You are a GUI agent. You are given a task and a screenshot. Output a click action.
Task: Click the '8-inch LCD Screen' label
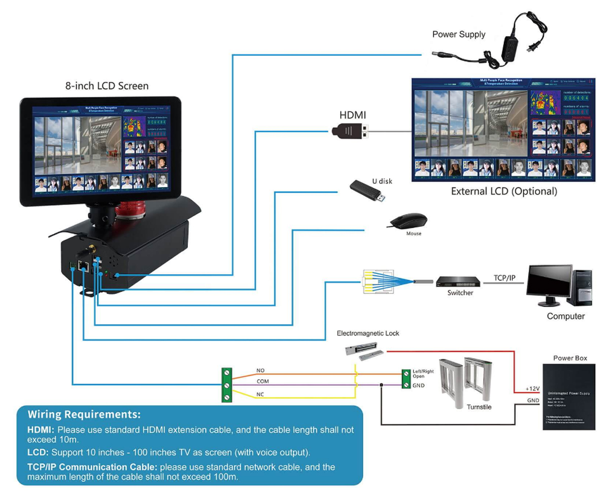click(x=107, y=86)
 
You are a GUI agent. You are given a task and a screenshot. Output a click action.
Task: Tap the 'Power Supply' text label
click(x=458, y=35)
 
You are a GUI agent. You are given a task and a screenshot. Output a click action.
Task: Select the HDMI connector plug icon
click(x=350, y=132)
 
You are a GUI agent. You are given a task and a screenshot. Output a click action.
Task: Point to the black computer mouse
click(x=408, y=221)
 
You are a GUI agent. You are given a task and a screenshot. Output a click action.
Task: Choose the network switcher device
click(x=459, y=282)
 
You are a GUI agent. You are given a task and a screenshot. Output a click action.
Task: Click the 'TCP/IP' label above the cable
click(x=504, y=278)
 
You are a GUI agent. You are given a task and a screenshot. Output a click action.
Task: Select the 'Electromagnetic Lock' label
click(x=368, y=334)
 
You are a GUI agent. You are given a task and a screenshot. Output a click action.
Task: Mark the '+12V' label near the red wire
click(x=532, y=388)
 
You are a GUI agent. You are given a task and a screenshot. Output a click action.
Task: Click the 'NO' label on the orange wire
click(x=260, y=371)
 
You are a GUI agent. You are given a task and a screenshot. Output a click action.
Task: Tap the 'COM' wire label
click(x=263, y=381)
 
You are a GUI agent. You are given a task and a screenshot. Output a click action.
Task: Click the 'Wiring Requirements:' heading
click(x=84, y=413)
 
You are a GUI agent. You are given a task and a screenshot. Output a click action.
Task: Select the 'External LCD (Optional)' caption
click(x=504, y=192)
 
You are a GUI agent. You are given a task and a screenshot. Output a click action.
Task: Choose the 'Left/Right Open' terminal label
click(x=423, y=374)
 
